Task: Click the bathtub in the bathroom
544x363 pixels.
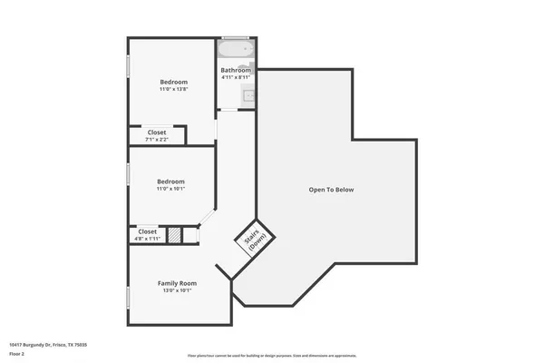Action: click(236, 50)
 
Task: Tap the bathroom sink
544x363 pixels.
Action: click(246, 93)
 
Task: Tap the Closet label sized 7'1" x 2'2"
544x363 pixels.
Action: click(157, 132)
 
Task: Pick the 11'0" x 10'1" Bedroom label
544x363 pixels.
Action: click(171, 181)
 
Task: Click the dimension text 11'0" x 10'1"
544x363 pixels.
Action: click(171, 188)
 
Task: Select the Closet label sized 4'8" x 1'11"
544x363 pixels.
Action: click(148, 231)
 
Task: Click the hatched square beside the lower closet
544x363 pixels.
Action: click(173, 235)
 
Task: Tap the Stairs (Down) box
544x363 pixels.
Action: click(253, 240)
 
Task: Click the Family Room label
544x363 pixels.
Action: click(178, 283)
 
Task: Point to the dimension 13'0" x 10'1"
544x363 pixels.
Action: click(178, 290)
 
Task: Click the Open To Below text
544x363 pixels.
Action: click(331, 190)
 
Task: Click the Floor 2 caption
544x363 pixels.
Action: click(15, 354)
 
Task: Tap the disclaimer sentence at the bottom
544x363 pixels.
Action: click(271, 355)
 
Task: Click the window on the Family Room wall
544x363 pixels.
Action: click(128, 297)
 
